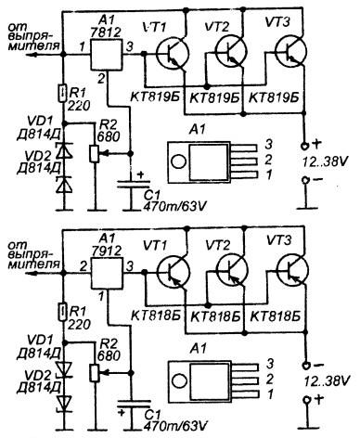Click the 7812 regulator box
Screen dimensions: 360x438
coord(106,54)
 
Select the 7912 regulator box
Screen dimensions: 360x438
coord(107,273)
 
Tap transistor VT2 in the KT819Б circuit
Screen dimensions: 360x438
coord(231,51)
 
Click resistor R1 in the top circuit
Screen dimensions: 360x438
coord(63,94)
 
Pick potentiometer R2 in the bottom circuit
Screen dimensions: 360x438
coord(95,373)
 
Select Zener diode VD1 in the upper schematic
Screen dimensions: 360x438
coord(64,151)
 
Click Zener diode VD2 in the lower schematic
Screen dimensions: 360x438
coord(65,403)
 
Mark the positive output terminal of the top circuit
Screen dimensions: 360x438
coord(304,145)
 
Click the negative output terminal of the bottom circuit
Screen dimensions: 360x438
coord(306,365)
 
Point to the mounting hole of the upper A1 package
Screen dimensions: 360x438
coord(178,161)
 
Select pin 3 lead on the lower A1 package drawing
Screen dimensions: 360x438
coord(246,367)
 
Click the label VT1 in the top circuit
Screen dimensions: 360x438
coord(155,27)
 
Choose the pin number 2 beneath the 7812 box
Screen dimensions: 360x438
coord(101,78)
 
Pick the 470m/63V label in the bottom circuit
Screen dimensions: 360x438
coord(174,425)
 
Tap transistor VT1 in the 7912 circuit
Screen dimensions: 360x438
coord(173,272)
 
